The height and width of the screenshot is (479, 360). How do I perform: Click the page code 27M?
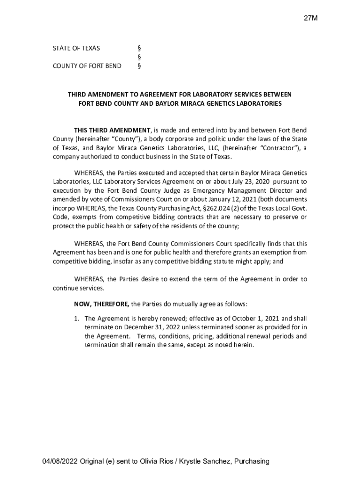point(310,18)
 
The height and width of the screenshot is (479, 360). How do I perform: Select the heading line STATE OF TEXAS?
point(76,48)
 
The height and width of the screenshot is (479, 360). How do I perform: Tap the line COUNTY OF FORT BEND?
point(87,66)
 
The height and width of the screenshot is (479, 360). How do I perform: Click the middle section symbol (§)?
point(139,57)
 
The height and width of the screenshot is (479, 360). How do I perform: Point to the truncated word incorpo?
point(63,208)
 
